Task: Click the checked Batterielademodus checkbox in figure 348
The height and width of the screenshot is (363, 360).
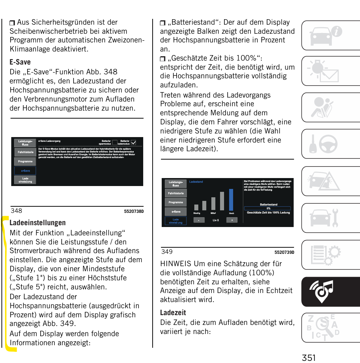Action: tap(133, 143)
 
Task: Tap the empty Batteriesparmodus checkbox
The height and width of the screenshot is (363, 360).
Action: tap(115, 143)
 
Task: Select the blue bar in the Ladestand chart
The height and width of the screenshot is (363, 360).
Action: tap(231, 199)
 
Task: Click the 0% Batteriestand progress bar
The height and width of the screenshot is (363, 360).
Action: tap(268, 209)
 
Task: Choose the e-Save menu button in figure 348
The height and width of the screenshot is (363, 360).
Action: tap(25, 170)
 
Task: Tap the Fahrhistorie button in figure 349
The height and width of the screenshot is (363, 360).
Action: tap(176, 193)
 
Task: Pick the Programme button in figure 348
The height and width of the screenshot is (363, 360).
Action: tap(25, 161)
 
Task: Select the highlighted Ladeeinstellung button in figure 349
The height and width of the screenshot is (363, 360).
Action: tap(176, 221)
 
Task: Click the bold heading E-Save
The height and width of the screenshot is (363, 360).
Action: tap(20, 62)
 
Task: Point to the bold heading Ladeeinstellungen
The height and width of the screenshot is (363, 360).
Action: tap(37, 223)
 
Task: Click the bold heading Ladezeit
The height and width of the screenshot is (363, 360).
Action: tap(173, 313)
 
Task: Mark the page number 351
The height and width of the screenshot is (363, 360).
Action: tap(309, 358)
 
